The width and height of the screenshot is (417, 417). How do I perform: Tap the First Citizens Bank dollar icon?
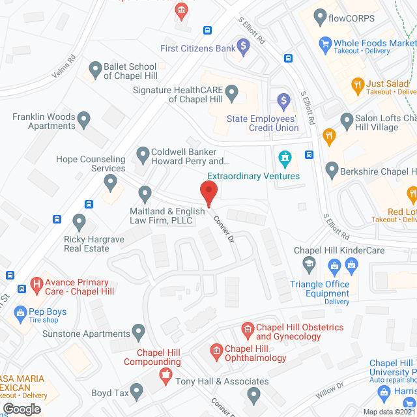(243, 46)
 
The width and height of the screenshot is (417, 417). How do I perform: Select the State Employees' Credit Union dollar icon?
(283, 100)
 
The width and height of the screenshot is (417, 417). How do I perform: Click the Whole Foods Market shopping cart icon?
(324, 43)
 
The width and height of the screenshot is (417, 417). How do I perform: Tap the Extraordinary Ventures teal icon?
(284, 158)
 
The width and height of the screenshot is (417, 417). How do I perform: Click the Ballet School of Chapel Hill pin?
(95, 68)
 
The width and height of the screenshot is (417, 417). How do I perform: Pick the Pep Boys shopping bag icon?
(18, 312)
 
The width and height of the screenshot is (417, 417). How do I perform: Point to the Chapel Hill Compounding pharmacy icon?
(164, 376)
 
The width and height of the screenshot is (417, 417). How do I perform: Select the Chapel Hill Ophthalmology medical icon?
(216, 352)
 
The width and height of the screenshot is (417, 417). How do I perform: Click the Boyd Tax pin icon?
(136, 391)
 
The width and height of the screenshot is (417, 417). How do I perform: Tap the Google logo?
(22, 409)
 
